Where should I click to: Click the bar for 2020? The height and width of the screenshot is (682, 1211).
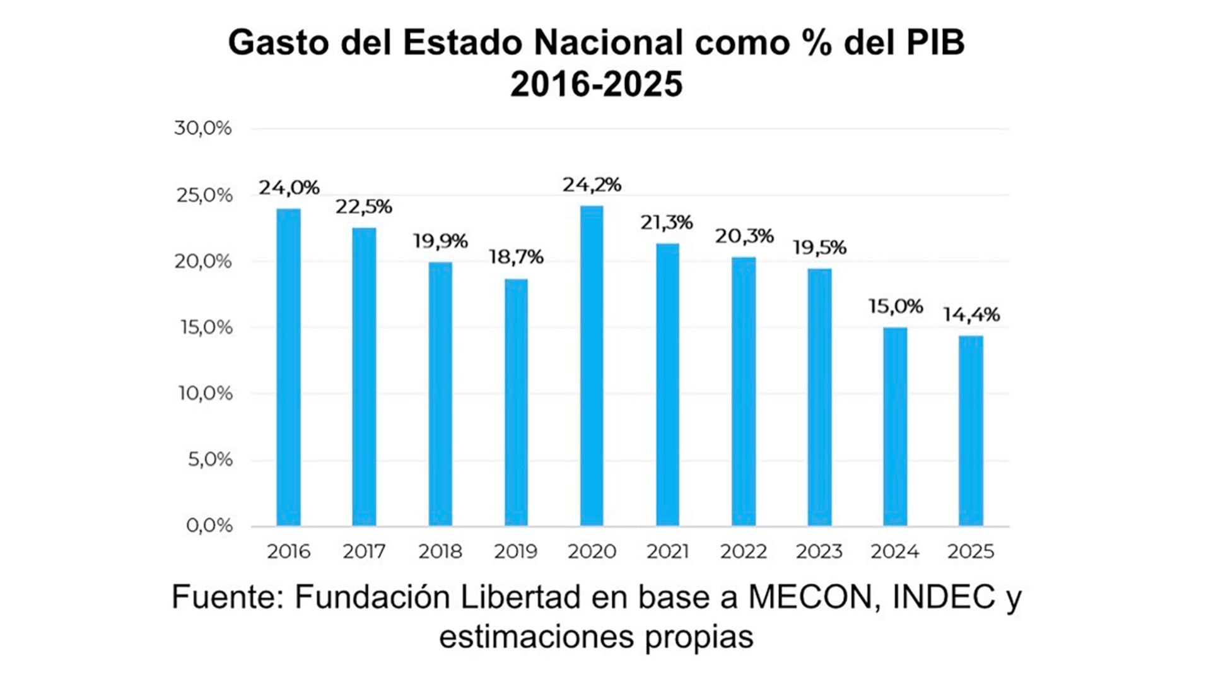(592, 366)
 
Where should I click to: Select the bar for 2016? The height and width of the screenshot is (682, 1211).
(288, 367)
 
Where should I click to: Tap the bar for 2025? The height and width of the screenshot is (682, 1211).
(971, 431)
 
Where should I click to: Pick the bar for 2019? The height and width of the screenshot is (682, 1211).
(516, 403)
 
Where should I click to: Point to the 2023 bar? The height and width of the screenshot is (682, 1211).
(819, 397)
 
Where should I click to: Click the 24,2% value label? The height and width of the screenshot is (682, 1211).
(592, 185)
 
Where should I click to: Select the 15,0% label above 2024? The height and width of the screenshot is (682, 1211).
(895, 307)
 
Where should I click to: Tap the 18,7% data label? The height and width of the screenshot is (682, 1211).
(516, 257)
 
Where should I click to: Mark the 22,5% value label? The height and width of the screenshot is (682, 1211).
(363, 207)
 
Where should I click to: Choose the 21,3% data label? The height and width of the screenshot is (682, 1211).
(667, 222)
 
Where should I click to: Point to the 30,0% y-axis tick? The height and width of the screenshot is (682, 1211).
(203, 128)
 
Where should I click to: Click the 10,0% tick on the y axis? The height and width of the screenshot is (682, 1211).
(205, 393)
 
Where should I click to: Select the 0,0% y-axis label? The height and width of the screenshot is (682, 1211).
(209, 525)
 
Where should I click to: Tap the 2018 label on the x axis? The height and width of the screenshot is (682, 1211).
(440, 551)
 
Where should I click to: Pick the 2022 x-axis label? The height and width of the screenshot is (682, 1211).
(744, 551)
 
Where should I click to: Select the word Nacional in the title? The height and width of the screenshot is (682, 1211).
(609, 43)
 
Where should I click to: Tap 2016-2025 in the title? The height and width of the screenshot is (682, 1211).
(596, 84)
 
